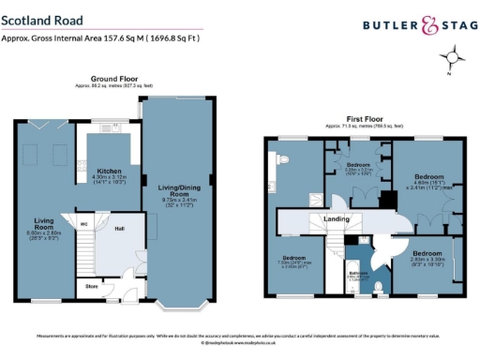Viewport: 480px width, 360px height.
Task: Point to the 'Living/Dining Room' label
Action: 178,192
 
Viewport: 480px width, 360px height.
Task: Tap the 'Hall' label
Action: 120,228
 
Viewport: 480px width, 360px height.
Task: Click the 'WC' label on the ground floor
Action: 84,224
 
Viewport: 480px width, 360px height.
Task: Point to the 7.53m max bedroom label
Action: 294,261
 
